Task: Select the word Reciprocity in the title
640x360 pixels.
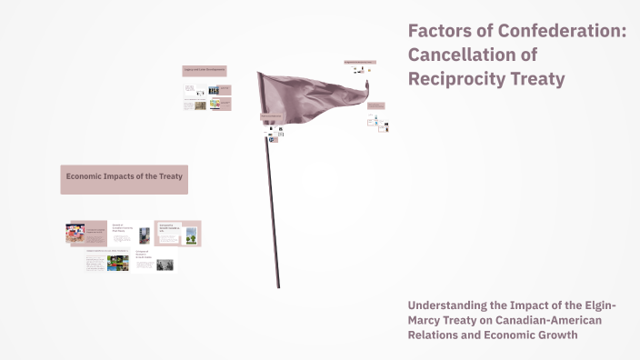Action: pos(456,79)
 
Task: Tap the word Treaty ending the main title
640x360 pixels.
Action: pos(536,79)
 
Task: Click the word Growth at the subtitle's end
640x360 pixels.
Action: pos(555,335)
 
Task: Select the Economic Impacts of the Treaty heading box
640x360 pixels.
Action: pos(125,179)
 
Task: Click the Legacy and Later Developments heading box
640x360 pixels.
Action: pos(205,70)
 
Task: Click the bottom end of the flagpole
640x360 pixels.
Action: pos(277,285)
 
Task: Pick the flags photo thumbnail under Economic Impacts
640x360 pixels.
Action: pos(75,234)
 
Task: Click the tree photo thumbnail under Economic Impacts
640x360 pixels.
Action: pos(191,236)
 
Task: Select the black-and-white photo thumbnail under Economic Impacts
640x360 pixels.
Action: pos(165,265)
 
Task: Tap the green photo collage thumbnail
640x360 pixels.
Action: pos(118,263)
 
